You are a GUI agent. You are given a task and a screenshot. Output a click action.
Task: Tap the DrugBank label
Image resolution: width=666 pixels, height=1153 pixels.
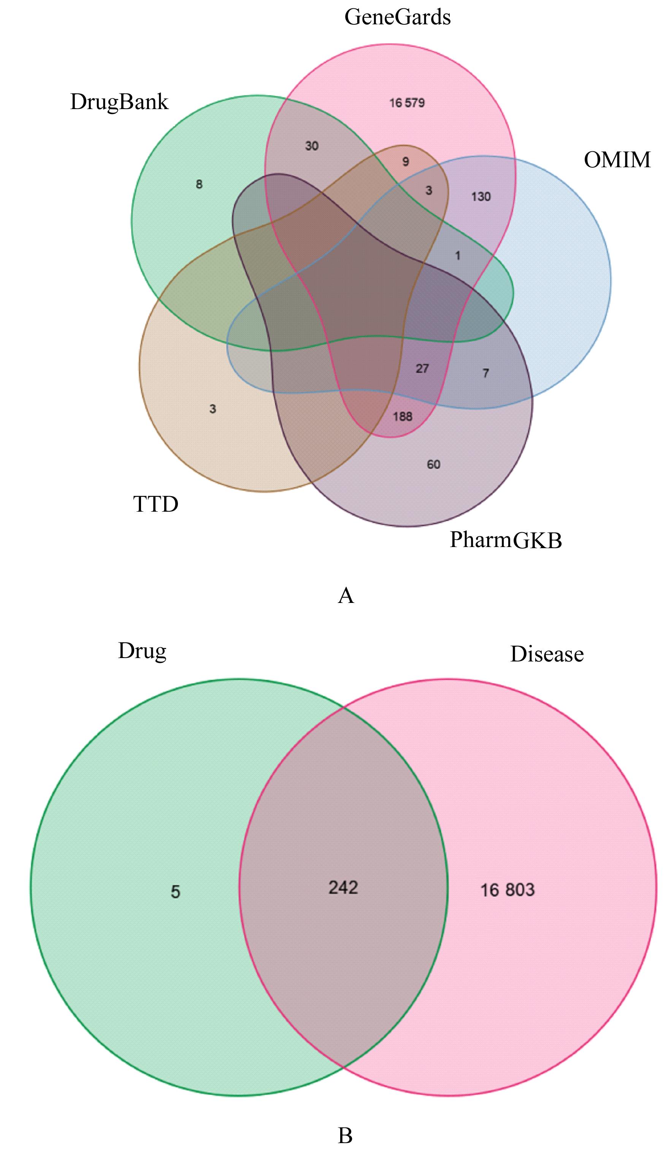pos(119,102)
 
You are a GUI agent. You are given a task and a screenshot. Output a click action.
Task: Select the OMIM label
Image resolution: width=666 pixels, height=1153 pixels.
pos(617,160)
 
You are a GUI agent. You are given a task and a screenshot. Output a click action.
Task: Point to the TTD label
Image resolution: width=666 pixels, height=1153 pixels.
pos(155,504)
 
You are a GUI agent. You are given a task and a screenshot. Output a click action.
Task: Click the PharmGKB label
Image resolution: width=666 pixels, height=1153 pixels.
pos(506,540)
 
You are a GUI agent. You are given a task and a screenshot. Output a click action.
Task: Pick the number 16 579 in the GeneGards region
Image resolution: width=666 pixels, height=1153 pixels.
pos(407,103)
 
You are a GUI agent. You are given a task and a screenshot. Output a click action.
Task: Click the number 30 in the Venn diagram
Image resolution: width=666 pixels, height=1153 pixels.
pos(311,146)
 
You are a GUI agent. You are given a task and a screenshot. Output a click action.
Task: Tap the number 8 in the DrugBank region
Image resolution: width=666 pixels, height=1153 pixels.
pos(199,184)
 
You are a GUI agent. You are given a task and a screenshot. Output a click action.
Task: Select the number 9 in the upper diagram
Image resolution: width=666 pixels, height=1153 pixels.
pos(405,162)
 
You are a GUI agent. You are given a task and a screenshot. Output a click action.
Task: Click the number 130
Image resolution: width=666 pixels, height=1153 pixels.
pos(481,197)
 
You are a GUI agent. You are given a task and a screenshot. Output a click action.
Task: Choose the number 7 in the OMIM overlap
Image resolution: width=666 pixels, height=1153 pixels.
pos(486,374)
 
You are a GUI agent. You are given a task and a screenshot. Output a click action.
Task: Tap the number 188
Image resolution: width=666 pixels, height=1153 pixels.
pos(403,417)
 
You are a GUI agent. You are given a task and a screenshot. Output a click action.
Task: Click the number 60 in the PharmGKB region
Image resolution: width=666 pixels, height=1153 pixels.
pos(433,465)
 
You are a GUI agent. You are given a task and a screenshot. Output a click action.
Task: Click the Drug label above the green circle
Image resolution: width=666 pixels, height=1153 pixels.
pos(142,651)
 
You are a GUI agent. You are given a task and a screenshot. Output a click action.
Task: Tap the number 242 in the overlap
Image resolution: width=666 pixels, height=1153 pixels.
pos(343,888)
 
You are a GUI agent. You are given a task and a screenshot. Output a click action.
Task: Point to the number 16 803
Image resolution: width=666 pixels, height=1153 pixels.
pos(507,890)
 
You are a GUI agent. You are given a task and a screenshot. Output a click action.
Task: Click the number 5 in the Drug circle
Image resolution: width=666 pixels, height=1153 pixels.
pos(175,892)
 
